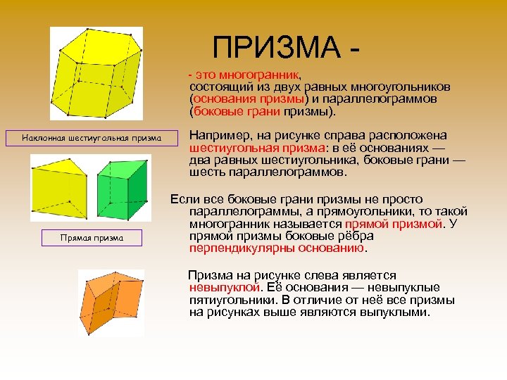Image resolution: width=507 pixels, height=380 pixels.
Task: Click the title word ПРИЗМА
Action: click(277, 49)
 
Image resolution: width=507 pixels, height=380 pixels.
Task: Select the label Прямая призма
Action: click(92, 238)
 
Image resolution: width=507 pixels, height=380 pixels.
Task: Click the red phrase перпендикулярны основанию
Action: click(277, 248)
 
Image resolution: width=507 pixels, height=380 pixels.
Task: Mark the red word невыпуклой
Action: click(223, 287)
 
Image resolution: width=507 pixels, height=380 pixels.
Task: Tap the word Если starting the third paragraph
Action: click(184, 199)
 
